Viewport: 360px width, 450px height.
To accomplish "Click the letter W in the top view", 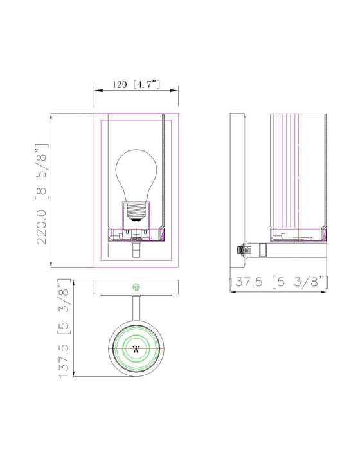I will tap(136, 349).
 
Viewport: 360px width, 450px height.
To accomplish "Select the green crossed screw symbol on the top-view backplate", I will tap(136, 286).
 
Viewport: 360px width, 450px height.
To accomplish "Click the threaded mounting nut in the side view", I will tap(241, 250).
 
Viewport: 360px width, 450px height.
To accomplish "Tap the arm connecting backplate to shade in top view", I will tap(136, 309).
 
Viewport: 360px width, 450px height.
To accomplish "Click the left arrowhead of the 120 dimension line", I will tap(97, 90).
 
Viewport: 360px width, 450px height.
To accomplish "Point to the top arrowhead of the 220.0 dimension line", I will tap(51, 116).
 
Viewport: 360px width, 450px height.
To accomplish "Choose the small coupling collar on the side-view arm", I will tap(260, 249).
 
